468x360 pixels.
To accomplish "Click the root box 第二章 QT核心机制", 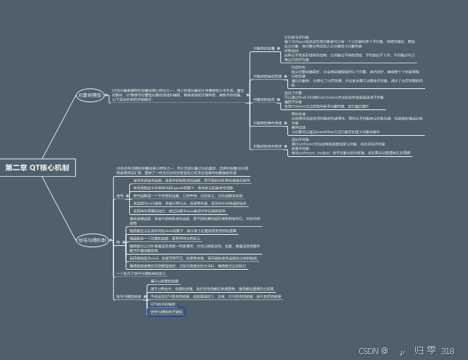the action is [x=39, y=168].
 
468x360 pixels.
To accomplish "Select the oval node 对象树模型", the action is [x=90, y=95].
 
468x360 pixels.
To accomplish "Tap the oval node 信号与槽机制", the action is [x=92, y=240].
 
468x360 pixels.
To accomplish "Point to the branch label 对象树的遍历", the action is [x=263, y=99].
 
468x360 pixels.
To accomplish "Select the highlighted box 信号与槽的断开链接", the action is [x=167, y=311].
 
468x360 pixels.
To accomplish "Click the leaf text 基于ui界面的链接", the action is [x=165, y=282].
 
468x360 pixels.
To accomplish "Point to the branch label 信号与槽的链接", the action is [x=129, y=297].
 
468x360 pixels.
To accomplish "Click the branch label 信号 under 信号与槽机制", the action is [x=119, y=196].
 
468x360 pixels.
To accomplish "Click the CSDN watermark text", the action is [x=373, y=351].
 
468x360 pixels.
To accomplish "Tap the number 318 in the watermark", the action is [x=448, y=351].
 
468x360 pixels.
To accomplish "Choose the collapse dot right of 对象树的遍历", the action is [x=278, y=99].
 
